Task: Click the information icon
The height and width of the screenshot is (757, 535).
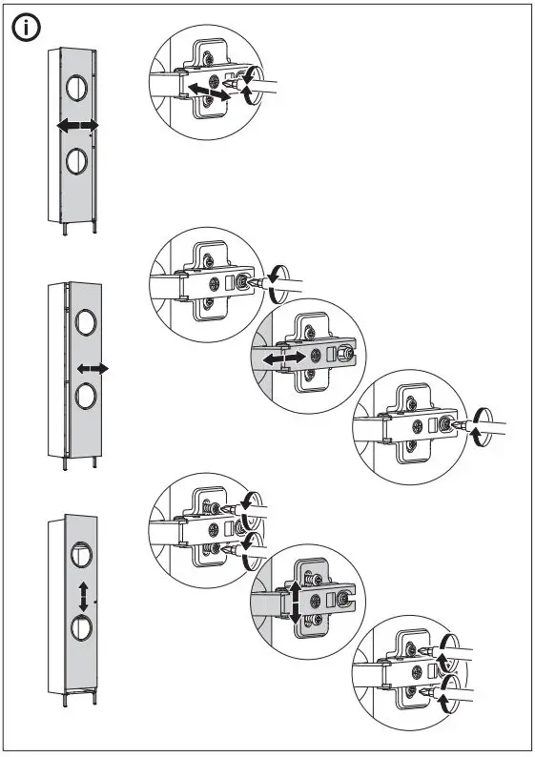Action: (26, 29)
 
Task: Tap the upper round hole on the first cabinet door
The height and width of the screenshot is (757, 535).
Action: (76, 89)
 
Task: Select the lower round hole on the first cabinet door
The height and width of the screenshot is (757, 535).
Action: (76, 161)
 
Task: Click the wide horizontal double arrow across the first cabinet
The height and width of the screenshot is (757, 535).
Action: (76, 126)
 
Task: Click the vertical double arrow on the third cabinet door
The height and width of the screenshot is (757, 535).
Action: (85, 597)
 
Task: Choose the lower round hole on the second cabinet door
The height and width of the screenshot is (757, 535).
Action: (83, 395)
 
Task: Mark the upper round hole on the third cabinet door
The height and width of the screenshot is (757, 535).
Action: (82, 554)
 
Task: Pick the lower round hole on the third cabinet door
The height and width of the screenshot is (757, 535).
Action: (82, 629)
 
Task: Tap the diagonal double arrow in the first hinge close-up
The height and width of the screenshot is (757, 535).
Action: (207, 92)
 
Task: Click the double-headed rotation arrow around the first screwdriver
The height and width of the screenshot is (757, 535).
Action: (251, 86)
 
